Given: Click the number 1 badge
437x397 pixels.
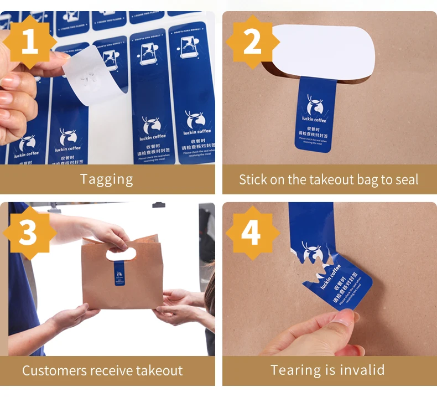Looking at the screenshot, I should click(29, 42).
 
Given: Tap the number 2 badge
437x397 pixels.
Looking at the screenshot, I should click(252, 42).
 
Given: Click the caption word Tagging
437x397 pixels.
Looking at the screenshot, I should click(107, 179).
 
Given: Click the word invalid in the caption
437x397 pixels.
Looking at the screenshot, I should click(361, 370).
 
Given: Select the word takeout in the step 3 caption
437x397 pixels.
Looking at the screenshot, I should click(155, 370).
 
